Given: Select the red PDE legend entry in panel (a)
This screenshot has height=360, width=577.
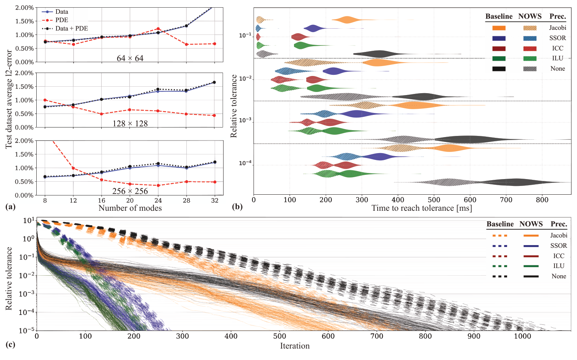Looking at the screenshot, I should [61, 20].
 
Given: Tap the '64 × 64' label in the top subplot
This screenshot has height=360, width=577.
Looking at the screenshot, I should [130, 58].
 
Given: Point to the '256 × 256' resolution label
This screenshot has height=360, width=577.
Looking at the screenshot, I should [130, 191].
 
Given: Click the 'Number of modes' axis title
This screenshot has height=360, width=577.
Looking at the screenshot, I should [130, 208].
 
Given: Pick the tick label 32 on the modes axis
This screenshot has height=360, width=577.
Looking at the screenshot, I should [215, 200].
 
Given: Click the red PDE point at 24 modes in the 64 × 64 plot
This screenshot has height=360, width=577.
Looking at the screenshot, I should [158, 29].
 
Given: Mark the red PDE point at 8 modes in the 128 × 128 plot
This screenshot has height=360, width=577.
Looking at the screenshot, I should [45, 100].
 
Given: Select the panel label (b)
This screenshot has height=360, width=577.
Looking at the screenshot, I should [237, 207].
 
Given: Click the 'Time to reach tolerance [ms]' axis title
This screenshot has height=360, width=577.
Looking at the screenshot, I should [422, 208].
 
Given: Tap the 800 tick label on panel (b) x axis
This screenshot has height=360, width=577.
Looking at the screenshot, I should [542, 200].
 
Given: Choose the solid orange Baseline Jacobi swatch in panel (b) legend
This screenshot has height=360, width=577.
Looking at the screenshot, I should [499, 28].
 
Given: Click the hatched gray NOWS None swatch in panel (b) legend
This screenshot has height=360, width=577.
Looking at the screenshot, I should [530, 69].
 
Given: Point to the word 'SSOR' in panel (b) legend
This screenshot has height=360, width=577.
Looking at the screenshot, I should [558, 38].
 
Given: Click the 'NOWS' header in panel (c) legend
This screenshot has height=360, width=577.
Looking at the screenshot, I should [531, 224].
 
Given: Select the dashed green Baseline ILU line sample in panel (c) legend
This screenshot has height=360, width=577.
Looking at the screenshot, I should [500, 266].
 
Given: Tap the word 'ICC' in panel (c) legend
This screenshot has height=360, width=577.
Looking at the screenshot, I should [559, 256].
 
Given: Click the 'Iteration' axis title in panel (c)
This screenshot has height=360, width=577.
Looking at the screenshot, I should [295, 346].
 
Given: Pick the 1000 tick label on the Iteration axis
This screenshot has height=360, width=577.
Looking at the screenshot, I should [522, 336].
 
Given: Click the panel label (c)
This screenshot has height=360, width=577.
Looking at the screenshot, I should [10, 345].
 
